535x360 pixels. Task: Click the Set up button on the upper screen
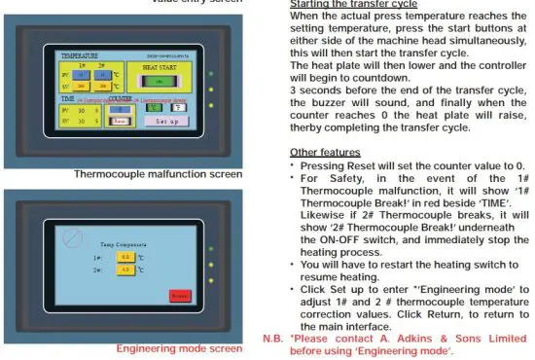click(x=167, y=121)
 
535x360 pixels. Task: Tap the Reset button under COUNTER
click(x=120, y=121)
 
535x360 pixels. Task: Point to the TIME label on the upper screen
click(x=67, y=99)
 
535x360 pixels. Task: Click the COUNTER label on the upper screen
click(x=122, y=99)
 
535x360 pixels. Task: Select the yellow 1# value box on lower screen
click(x=125, y=258)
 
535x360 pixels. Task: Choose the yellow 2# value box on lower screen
click(x=125, y=269)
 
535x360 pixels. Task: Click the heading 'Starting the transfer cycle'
click(x=353, y=4)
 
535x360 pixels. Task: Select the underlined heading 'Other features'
click(x=326, y=154)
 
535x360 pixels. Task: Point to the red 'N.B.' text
click(x=273, y=339)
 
